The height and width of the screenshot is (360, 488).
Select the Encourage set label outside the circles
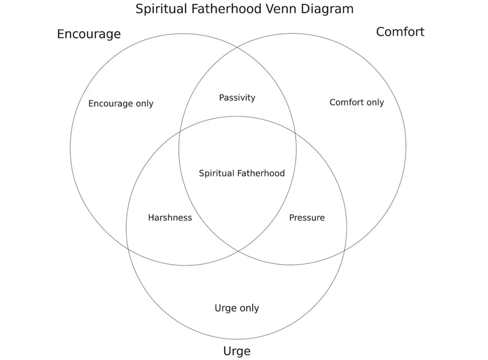pos(89,34)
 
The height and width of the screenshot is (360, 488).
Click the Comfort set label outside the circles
pos(400,32)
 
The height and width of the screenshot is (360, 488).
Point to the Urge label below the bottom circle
pos(236,351)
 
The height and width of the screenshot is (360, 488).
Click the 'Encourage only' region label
pos(120,103)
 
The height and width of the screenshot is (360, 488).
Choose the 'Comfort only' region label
pos(357,102)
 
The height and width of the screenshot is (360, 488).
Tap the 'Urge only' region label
pos(236,308)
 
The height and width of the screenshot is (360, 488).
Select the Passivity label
pos(237,98)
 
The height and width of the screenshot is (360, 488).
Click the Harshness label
pos(170,218)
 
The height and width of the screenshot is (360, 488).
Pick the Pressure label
pos(307,218)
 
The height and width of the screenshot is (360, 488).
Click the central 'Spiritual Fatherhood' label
pos(242,173)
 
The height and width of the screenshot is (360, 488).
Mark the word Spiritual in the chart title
pos(161,9)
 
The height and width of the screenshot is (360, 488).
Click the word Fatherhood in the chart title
pos(226,9)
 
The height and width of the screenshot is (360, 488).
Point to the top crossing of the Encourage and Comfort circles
pos(238,48)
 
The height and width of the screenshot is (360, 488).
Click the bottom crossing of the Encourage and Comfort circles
pos(238,250)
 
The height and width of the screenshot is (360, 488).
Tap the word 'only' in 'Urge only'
pos(249,308)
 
